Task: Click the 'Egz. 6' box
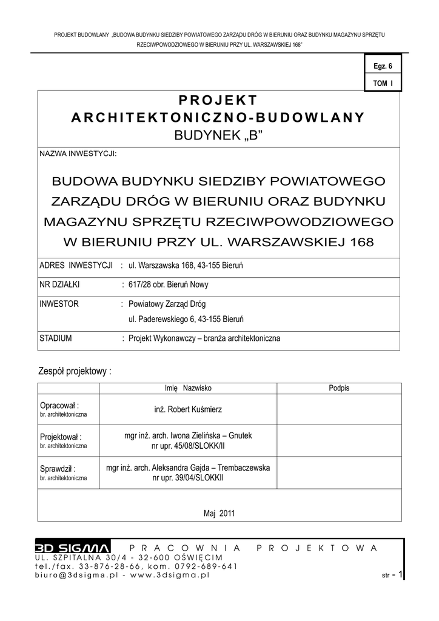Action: [383, 66]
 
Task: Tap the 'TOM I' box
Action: [383, 82]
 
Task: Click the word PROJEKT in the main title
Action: [218, 100]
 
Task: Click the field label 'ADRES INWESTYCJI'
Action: [77, 266]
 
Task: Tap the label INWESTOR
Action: [59, 304]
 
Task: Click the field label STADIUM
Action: [56, 338]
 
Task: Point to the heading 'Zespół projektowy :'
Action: [75, 371]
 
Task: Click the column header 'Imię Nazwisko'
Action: [188, 388]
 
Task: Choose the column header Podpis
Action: [339, 388]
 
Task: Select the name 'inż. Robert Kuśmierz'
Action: [188, 409]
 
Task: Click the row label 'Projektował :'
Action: [61, 437]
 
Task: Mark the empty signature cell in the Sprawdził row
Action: [339, 472]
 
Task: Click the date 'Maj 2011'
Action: [219, 513]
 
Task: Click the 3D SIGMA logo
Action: [72, 548]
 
